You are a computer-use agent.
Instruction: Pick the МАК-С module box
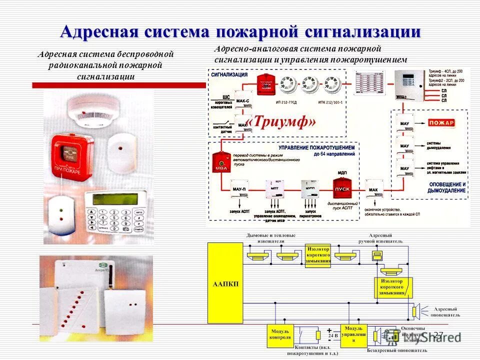coord(242,101)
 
